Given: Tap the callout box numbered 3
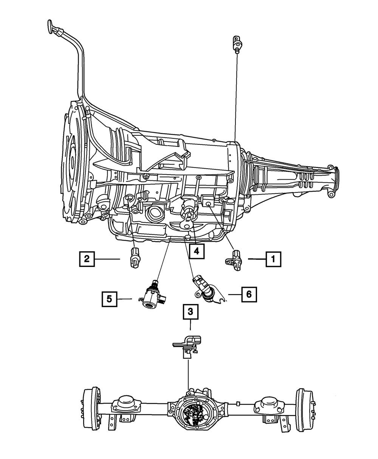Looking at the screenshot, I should pyautogui.click(x=191, y=312).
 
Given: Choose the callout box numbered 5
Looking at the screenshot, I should pyautogui.click(x=109, y=299).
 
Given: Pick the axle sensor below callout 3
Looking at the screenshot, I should pyautogui.click(x=187, y=344).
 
